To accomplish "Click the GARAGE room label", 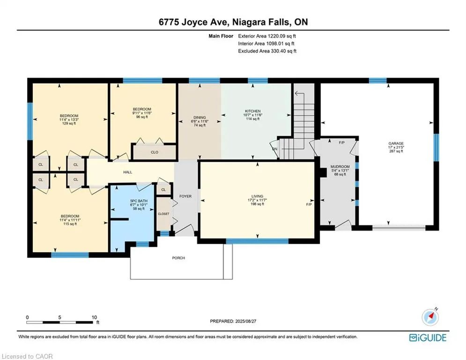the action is point(396,143).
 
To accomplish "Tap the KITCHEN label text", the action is point(252,111).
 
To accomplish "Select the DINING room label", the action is point(200,118).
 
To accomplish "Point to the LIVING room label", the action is point(258,196).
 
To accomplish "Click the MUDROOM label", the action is point(340,166).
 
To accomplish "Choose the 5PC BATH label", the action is point(139,201).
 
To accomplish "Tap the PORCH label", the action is point(178,258).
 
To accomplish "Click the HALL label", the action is point(128,172).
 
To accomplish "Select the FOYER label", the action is point(185,196).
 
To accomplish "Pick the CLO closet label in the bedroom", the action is point(155,152).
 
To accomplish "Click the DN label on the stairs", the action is point(274,149).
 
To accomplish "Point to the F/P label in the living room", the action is point(309,204).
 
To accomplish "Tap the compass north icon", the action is point(430,317).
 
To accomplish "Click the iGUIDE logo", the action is point(428,337).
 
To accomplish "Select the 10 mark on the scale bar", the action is point(94,317).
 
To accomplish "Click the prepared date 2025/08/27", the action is point(245,321).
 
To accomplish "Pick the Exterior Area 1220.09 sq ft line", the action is point(267,36).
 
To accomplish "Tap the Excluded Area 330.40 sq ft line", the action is point(267,51).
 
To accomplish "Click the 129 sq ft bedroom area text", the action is point(69,123).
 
